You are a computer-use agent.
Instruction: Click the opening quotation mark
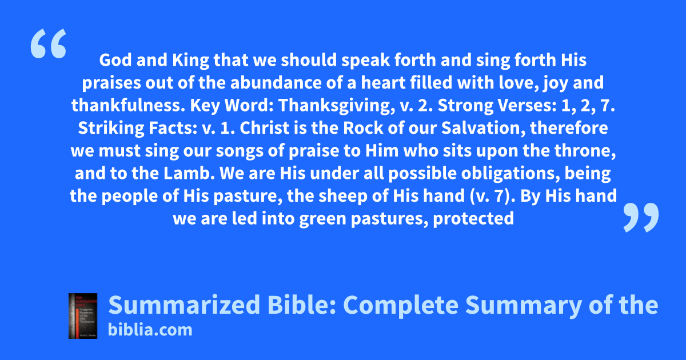pos(49,43)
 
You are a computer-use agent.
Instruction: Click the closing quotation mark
pos(641,217)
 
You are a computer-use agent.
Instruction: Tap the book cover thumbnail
pos(83,316)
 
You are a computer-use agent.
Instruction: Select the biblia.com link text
pos(150,330)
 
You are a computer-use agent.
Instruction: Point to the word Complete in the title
pos(401,306)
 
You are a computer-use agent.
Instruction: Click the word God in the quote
pos(115,60)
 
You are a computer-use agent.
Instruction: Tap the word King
pos(190,61)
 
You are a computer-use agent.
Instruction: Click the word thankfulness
pos(129,105)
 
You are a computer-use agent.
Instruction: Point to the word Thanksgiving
pos(337,106)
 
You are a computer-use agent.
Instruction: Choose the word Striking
pos(111,129)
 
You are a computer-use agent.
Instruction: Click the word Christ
pos(264,128)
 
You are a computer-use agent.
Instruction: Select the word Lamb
pos(189,173)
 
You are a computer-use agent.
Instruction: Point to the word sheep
pos(342,197)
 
